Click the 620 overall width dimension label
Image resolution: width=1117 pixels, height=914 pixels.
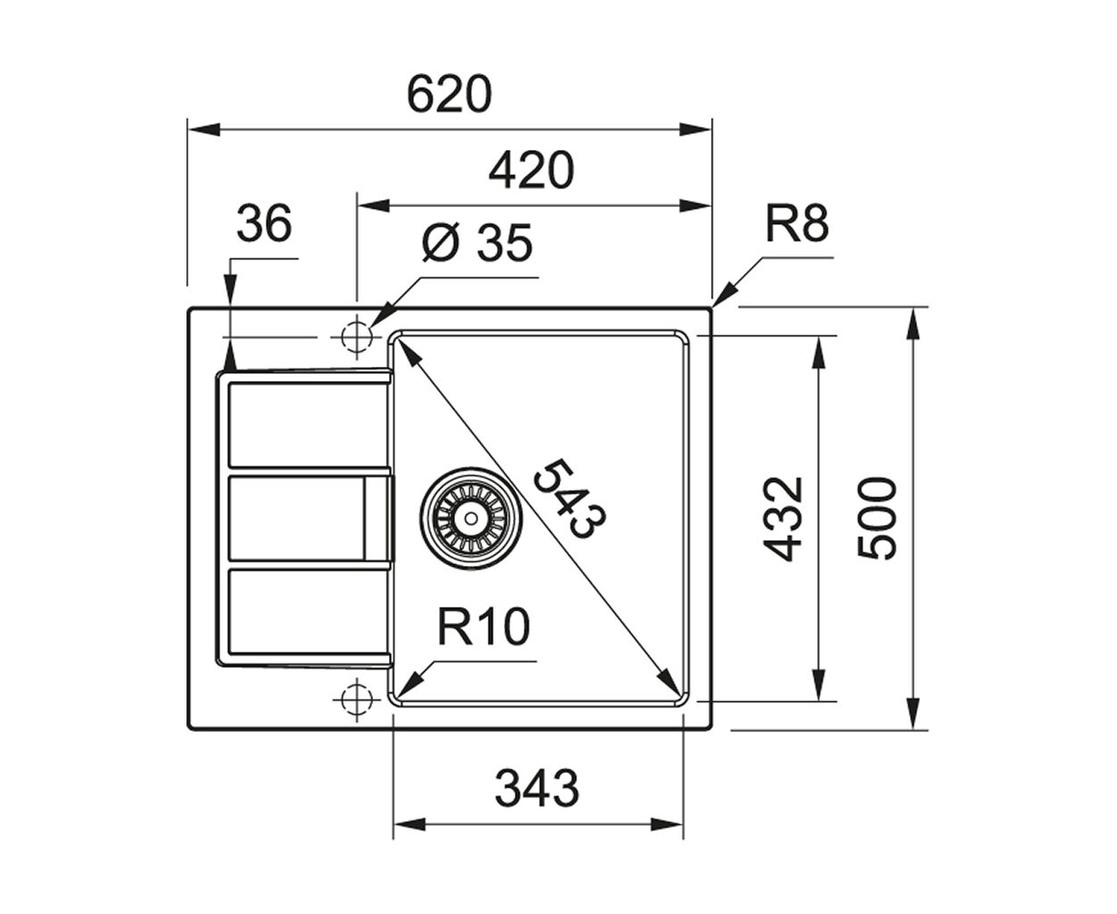click(x=449, y=95)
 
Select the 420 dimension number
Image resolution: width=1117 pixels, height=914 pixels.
click(x=531, y=170)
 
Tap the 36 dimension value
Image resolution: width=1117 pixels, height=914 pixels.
click(x=264, y=223)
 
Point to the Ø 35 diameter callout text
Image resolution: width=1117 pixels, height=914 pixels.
click(x=476, y=243)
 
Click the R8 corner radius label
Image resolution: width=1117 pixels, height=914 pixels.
click(x=797, y=223)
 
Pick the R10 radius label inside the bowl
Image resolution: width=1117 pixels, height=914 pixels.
click(x=483, y=627)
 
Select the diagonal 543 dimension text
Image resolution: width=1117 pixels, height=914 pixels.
click(x=569, y=500)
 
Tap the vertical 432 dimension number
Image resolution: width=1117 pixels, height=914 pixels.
click(x=782, y=519)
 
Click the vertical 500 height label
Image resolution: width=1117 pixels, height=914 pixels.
click(x=876, y=519)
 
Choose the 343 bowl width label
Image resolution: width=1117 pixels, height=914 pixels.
click(x=537, y=788)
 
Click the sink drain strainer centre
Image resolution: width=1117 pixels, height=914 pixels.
click(x=471, y=519)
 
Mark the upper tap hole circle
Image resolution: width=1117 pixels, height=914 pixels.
click(x=357, y=337)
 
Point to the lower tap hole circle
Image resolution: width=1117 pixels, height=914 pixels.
click(x=357, y=700)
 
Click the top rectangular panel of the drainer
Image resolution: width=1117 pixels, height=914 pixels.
click(x=308, y=425)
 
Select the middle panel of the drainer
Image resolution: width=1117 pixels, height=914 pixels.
click(x=296, y=518)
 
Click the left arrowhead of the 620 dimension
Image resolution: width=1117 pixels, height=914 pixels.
click(x=204, y=129)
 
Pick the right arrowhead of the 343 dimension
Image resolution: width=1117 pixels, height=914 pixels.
click(x=666, y=825)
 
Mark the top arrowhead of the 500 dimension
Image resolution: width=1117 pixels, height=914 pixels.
click(x=913, y=323)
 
